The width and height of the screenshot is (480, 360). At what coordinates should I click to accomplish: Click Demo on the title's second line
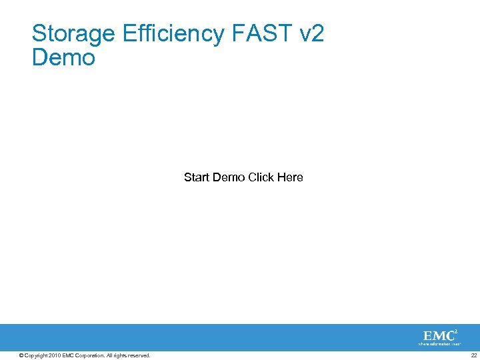tap(63, 58)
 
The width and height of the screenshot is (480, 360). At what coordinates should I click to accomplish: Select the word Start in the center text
tap(197, 177)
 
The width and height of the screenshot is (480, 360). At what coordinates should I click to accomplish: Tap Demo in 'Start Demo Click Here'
tap(229, 177)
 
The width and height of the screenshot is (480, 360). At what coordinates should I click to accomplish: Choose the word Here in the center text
tap(290, 177)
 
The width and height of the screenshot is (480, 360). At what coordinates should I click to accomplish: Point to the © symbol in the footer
tap(21, 355)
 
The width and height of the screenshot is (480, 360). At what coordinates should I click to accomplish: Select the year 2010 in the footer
tap(55, 355)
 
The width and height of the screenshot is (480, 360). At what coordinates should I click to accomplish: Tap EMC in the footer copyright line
tap(69, 355)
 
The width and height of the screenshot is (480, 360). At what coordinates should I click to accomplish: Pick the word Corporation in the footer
tap(90, 355)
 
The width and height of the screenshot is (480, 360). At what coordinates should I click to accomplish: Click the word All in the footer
tap(109, 355)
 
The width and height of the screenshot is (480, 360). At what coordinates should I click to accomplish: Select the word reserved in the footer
tap(139, 355)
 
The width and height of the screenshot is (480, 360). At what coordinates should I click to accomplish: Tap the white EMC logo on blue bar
tap(439, 335)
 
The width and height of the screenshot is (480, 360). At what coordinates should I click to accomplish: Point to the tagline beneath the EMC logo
tap(439, 344)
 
